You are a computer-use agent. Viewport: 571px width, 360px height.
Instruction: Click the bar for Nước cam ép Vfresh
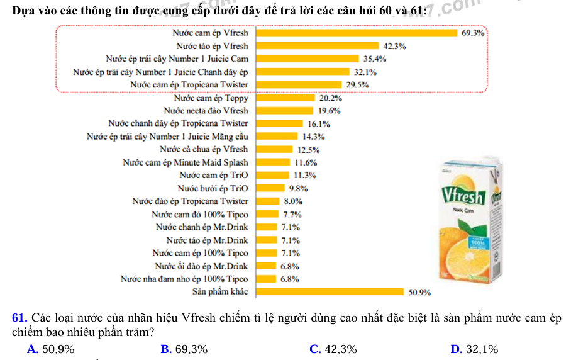pos(356,33)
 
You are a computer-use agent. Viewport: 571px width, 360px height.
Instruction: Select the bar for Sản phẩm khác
pos(329,291)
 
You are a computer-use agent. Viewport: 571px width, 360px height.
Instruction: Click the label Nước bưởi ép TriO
pos(213,188)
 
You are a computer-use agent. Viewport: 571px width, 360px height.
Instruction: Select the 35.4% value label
pos(375,59)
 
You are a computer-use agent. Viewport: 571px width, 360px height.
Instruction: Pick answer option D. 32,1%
pos(475,349)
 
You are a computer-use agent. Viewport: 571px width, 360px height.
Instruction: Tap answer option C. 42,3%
pos(334,349)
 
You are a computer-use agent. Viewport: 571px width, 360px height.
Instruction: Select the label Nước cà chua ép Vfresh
pos(204,149)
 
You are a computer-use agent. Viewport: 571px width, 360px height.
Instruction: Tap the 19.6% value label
pos(329,111)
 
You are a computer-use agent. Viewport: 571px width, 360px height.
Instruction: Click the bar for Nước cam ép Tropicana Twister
pos(299,84)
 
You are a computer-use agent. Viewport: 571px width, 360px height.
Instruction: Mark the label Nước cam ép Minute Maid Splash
pos(185,162)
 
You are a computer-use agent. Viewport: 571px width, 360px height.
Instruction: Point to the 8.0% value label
pos(294,201)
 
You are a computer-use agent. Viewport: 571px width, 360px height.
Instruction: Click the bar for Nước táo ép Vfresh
pos(317,46)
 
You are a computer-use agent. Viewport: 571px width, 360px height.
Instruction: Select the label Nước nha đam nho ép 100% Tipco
pos(184,279)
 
